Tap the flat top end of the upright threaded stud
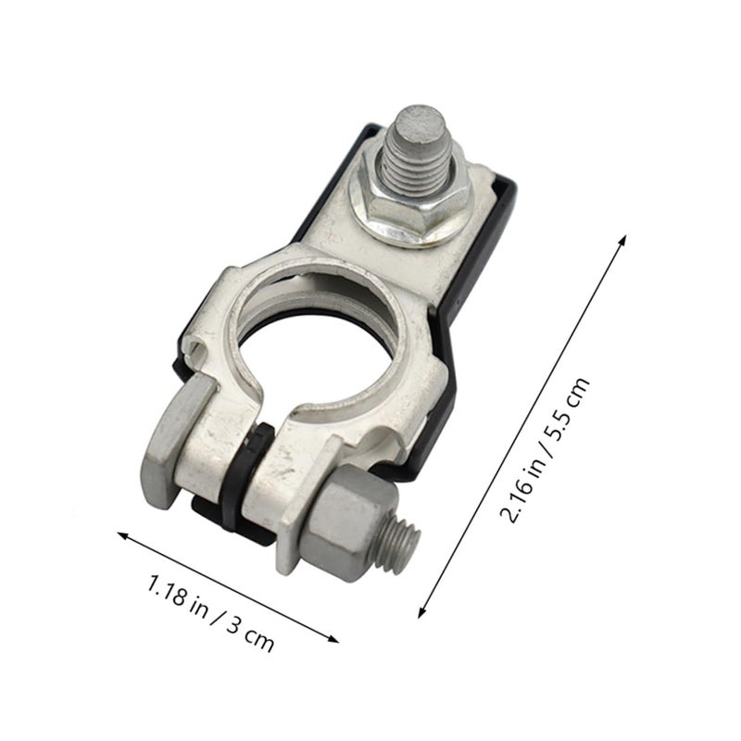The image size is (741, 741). click(x=421, y=120)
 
